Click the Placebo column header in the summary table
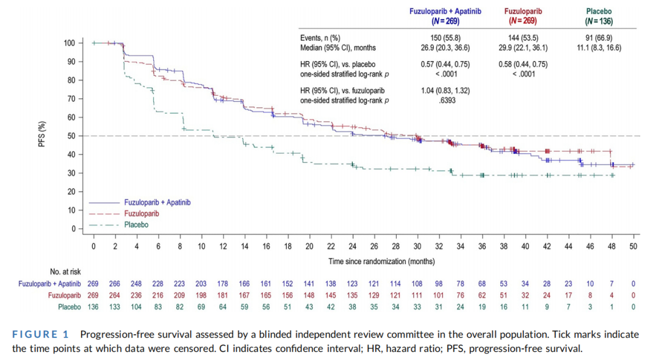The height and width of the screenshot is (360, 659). pos(598,11)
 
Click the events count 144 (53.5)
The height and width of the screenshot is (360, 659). pos(523,38)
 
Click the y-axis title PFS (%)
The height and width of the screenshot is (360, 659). pos(42,135)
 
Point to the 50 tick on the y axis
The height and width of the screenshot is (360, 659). pos(70,136)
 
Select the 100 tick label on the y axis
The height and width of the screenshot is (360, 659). pos(69,43)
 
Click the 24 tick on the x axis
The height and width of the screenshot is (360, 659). pos(353,246)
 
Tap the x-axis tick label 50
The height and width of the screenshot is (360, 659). pos(633,246)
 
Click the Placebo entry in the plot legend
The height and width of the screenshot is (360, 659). pos(136,225)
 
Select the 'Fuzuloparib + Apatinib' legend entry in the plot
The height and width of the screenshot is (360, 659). pos(157,202)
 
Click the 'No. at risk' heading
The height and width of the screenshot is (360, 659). pos(65,272)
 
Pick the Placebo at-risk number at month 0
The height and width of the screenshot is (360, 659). pos(93,307)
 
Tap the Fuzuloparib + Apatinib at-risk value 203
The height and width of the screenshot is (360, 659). pos(201,284)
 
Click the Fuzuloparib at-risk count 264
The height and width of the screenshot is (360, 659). pos(115,295)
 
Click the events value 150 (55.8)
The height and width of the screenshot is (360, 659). pos(443,38)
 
